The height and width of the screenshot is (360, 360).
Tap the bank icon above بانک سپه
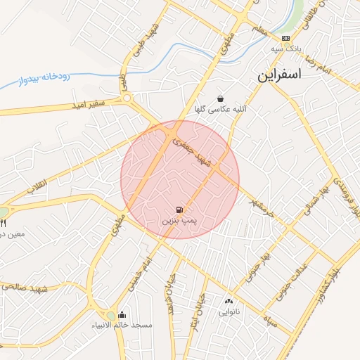(x=285, y=38)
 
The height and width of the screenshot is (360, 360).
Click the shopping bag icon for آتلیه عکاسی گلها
(x=221, y=98)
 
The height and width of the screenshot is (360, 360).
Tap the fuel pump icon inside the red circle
(x=180, y=210)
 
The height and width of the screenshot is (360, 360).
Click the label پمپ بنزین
(x=180, y=220)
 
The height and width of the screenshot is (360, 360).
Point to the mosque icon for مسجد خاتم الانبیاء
(x=122, y=315)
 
